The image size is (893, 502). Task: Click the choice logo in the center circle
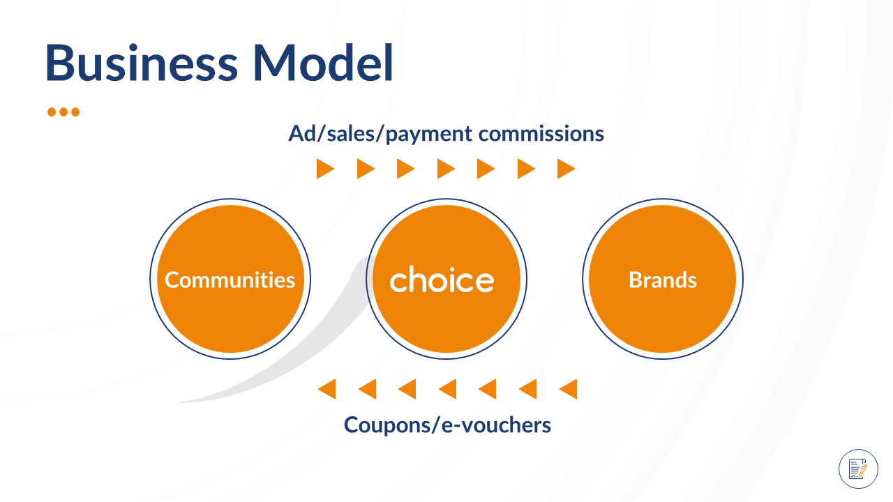(442, 280)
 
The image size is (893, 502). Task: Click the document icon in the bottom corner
(858, 469)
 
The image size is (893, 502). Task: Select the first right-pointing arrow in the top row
(325, 169)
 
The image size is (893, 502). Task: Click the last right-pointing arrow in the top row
(566, 169)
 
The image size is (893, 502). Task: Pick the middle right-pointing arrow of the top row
(446, 169)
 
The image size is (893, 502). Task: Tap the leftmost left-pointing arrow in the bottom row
(327, 389)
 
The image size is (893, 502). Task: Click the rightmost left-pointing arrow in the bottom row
(569, 389)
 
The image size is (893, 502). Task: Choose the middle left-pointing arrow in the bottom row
(448, 389)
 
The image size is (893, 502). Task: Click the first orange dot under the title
(52, 112)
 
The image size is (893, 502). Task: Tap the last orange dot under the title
(75, 112)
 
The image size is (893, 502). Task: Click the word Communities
(230, 280)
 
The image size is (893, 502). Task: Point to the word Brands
(663, 280)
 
